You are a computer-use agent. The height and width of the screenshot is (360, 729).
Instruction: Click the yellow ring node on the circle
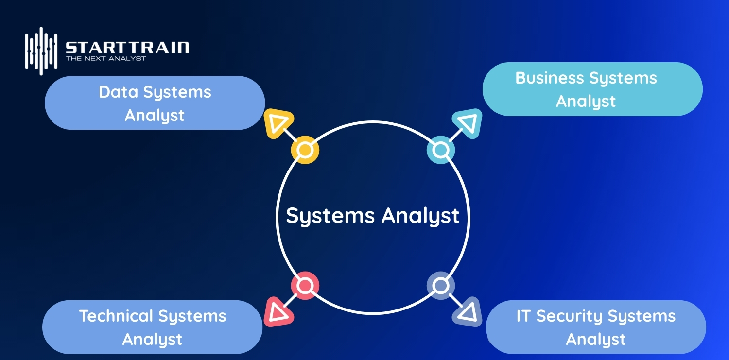[305, 150]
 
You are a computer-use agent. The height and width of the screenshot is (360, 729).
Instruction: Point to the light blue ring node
[440, 150]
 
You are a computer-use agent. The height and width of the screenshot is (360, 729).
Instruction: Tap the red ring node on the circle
[305, 286]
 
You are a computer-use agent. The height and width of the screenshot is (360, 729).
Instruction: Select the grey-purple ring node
[440, 286]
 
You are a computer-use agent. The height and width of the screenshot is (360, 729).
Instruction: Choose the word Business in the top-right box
[549, 78]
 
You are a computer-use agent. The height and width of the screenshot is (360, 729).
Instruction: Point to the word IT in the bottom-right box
[522, 316]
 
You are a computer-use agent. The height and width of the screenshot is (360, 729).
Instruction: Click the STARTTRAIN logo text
[127, 48]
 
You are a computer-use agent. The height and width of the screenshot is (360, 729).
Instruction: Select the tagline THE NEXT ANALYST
[106, 59]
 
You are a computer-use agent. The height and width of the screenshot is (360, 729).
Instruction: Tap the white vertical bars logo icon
[41, 51]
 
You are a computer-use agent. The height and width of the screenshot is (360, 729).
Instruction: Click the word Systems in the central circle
[330, 216]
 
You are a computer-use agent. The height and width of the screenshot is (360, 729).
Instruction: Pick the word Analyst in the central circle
[420, 216]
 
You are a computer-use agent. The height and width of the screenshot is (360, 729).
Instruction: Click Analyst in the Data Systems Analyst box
[155, 116]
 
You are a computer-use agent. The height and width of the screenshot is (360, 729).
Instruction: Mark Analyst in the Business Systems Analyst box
[586, 102]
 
